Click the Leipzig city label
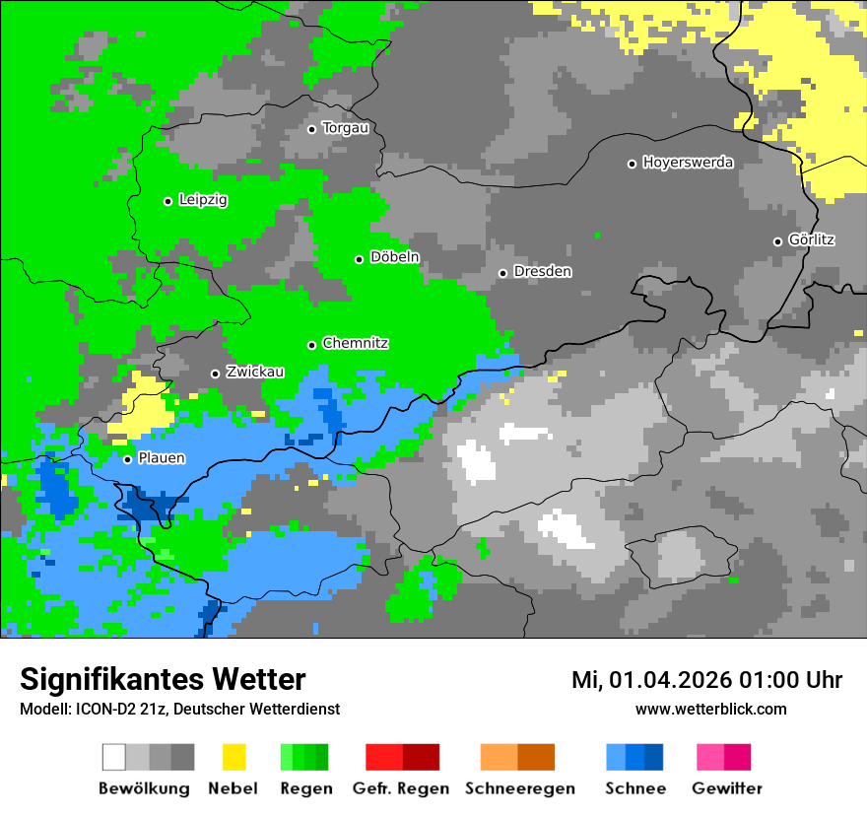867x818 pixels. pos(203,200)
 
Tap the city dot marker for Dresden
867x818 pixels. pos(502,273)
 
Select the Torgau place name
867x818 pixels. pos(345,128)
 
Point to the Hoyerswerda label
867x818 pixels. pos(688,163)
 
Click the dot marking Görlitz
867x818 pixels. pos(777,241)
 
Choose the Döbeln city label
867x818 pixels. pos(394,257)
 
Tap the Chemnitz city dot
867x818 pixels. pos(312,345)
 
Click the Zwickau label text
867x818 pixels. pos(255,373)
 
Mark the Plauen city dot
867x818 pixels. pos(127,459)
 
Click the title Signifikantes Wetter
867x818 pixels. pos(163,680)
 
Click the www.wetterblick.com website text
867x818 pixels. pos(710,710)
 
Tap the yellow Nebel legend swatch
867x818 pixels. pos(233,757)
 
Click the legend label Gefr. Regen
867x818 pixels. pos(401,788)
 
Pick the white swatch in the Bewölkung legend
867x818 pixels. pos(114,757)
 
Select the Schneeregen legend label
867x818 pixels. pos(520,788)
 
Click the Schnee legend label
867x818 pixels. pos(635,788)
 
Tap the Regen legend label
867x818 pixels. pos(305,788)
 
